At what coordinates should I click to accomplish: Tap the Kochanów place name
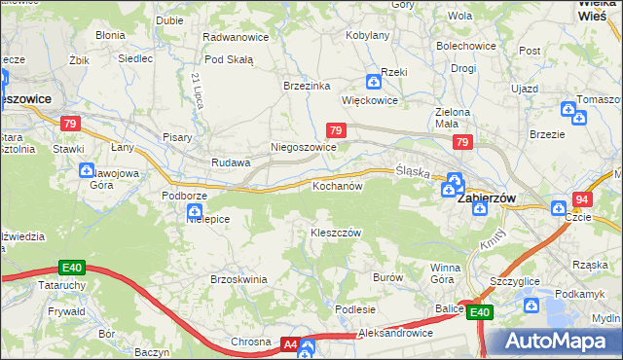click(337, 185)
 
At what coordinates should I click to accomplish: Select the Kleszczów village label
click(336, 233)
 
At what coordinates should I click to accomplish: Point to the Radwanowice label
click(234, 36)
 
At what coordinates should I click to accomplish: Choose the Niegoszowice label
click(303, 148)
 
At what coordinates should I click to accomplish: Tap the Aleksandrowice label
click(395, 333)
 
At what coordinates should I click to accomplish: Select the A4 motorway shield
click(290, 343)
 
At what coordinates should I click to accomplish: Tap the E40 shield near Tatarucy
click(70, 268)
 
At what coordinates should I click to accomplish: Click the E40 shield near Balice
click(479, 312)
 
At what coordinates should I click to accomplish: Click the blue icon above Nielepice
click(195, 209)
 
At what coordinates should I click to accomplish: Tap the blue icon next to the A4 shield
click(309, 346)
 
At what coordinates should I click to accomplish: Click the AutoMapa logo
click(552, 341)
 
